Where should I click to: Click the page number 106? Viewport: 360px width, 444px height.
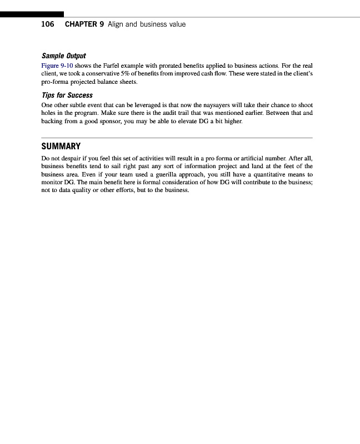48,24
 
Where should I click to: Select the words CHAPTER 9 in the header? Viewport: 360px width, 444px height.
84,24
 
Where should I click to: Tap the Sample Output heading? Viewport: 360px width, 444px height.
64,56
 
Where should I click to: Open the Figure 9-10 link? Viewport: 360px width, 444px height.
57,65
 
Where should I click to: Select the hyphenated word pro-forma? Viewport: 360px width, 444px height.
54,82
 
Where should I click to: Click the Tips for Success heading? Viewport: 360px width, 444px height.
67,95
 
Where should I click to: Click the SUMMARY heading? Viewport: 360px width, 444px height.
61,147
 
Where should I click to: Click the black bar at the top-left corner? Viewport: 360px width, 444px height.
32,14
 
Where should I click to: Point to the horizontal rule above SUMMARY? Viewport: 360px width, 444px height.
177,138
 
